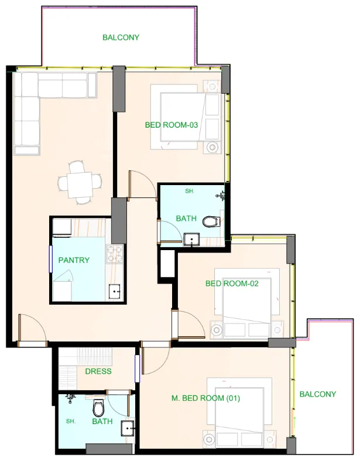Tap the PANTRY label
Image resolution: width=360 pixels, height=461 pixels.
tap(74, 260)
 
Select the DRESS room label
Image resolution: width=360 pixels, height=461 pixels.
tap(98, 371)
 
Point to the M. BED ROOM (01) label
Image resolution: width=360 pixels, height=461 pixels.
tap(206, 398)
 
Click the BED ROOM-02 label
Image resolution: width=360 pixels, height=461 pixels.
tap(232, 284)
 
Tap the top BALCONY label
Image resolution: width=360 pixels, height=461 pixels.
tap(121, 37)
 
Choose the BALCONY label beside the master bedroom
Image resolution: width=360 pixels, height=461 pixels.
tap(318, 394)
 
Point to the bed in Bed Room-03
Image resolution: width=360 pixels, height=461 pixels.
tap(187, 115)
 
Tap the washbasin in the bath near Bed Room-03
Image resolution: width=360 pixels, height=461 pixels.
tap(190, 238)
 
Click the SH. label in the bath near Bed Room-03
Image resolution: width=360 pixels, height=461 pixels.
tap(189, 192)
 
